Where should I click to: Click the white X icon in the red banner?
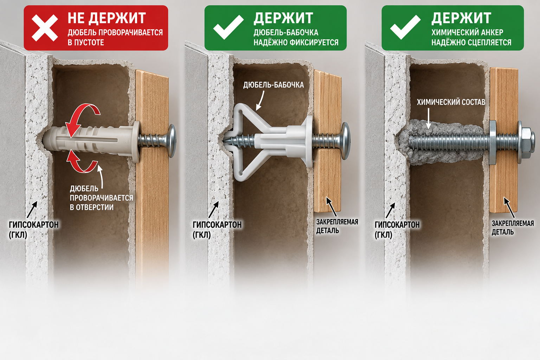pos(45,28)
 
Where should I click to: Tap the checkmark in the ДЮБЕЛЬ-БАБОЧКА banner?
pos(228,27)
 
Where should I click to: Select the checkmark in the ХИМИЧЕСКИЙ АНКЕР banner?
pos(405,27)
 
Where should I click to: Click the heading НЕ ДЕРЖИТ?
pos(107,18)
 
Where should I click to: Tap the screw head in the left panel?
pos(172,141)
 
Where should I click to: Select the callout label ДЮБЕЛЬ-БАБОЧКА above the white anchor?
pos(274,85)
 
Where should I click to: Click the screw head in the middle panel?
pos(346,141)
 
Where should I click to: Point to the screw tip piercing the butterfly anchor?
pos(225,140)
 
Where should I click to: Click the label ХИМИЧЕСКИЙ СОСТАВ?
pos(451,102)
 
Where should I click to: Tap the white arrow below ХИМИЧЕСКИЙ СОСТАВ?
pos(429,118)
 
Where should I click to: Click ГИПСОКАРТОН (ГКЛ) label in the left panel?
pos(34,230)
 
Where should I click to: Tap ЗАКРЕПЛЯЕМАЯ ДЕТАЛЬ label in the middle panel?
pos(337,226)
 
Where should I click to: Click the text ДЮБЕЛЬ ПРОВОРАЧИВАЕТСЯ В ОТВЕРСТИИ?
pos(102,198)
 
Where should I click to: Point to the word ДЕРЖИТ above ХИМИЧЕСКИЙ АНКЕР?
pos(461,18)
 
